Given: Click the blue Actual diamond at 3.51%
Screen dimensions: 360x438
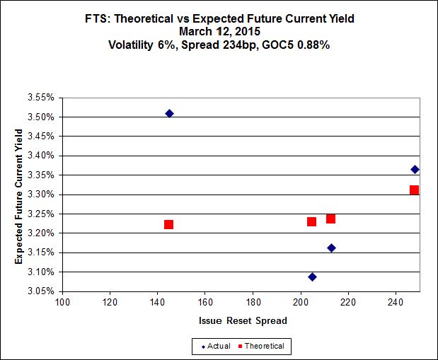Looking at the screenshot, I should [169, 113].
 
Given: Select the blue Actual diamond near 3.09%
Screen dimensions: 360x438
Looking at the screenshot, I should [312, 277].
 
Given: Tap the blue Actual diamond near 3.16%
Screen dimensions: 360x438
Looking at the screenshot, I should [331, 248].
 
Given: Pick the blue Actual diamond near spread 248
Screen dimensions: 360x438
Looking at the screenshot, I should [415, 169].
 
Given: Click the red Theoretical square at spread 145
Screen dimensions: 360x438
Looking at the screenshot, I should [168, 224].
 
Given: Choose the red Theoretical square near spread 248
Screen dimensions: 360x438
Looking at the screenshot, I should [414, 190].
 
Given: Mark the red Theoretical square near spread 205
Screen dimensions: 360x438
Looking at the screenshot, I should [311, 221].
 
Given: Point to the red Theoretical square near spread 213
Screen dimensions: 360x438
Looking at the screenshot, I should [330, 219].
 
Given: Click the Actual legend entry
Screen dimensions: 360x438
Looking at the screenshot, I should [217, 346].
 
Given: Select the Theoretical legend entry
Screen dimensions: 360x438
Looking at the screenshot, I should [263, 346].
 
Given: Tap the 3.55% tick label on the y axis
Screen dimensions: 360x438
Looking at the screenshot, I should [41, 98].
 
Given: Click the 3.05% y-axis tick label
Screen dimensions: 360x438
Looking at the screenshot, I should [41, 291].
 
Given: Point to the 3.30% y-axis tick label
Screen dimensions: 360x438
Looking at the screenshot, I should [41, 194].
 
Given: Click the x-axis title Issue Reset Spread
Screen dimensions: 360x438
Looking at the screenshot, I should [242, 320].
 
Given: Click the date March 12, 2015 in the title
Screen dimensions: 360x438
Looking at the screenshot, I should [219, 31].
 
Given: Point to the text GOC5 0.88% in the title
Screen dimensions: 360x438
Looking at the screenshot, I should [297, 44].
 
